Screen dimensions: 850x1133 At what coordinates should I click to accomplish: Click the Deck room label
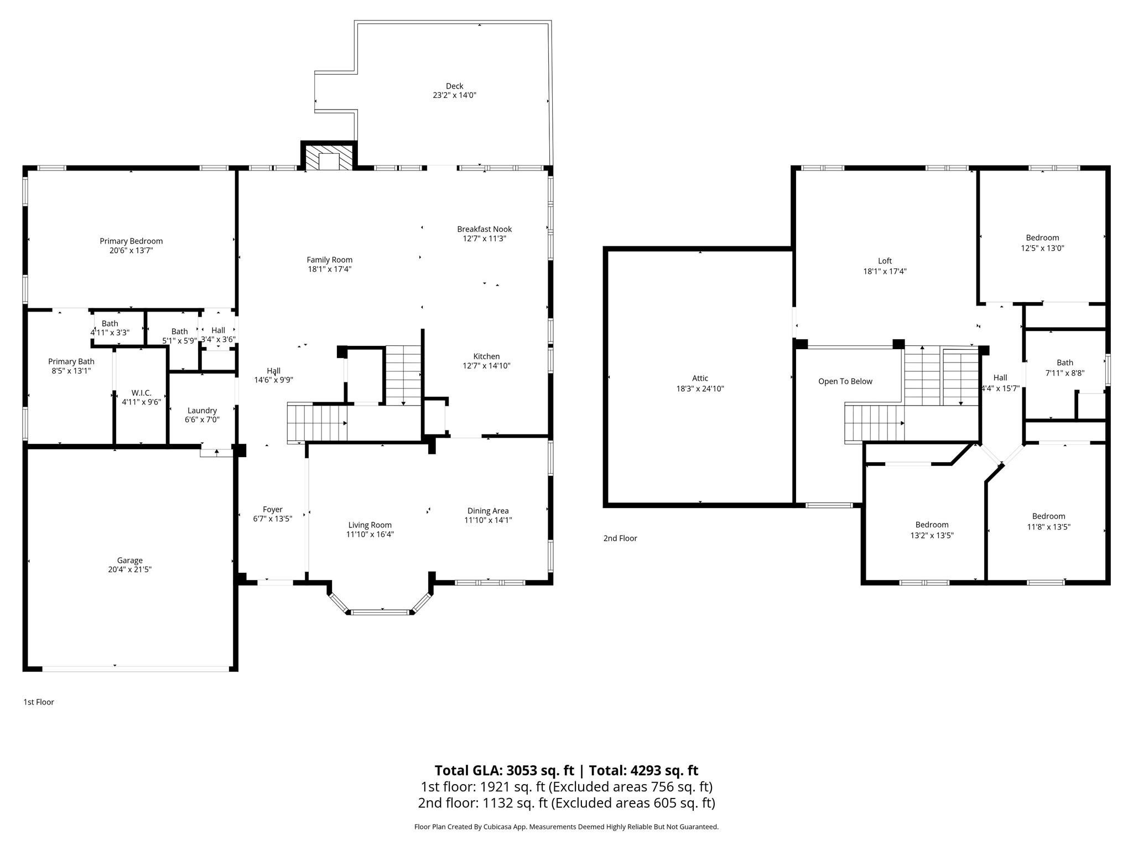(x=454, y=86)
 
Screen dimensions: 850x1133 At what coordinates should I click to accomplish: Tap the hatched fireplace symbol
(x=329, y=158)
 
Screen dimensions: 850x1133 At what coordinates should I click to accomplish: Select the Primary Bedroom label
(x=131, y=241)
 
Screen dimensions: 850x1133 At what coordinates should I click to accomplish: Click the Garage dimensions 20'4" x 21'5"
(x=130, y=569)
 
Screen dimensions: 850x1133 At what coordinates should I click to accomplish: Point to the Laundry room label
(x=202, y=410)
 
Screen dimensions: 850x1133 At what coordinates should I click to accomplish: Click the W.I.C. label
(x=142, y=392)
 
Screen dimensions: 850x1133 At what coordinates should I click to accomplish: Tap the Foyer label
(x=272, y=509)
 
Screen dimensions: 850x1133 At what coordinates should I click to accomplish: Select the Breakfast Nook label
(x=484, y=229)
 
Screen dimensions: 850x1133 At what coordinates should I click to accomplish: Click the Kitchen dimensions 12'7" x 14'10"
(x=486, y=366)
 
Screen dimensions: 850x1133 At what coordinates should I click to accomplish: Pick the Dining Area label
(x=487, y=510)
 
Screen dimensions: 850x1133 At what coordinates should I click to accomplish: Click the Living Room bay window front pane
(x=380, y=612)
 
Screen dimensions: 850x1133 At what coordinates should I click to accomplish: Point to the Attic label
(x=700, y=378)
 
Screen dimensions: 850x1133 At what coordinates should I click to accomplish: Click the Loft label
(x=885, y=261)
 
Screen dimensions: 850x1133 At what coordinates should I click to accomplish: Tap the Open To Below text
(x=845, y=381)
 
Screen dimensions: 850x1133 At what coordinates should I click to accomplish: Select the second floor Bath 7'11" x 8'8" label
(x=1064, y=363)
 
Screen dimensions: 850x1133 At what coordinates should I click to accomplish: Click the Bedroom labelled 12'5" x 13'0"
(x=1042, y=237)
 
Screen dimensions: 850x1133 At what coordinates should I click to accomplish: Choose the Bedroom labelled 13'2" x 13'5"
(x=932, y=525)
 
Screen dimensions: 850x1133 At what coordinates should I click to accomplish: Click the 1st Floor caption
(x=39, y=702)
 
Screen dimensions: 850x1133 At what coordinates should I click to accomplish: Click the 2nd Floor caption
(x=620, y=538)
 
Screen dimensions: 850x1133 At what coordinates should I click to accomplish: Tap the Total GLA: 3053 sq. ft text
(x=504, y=770)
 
